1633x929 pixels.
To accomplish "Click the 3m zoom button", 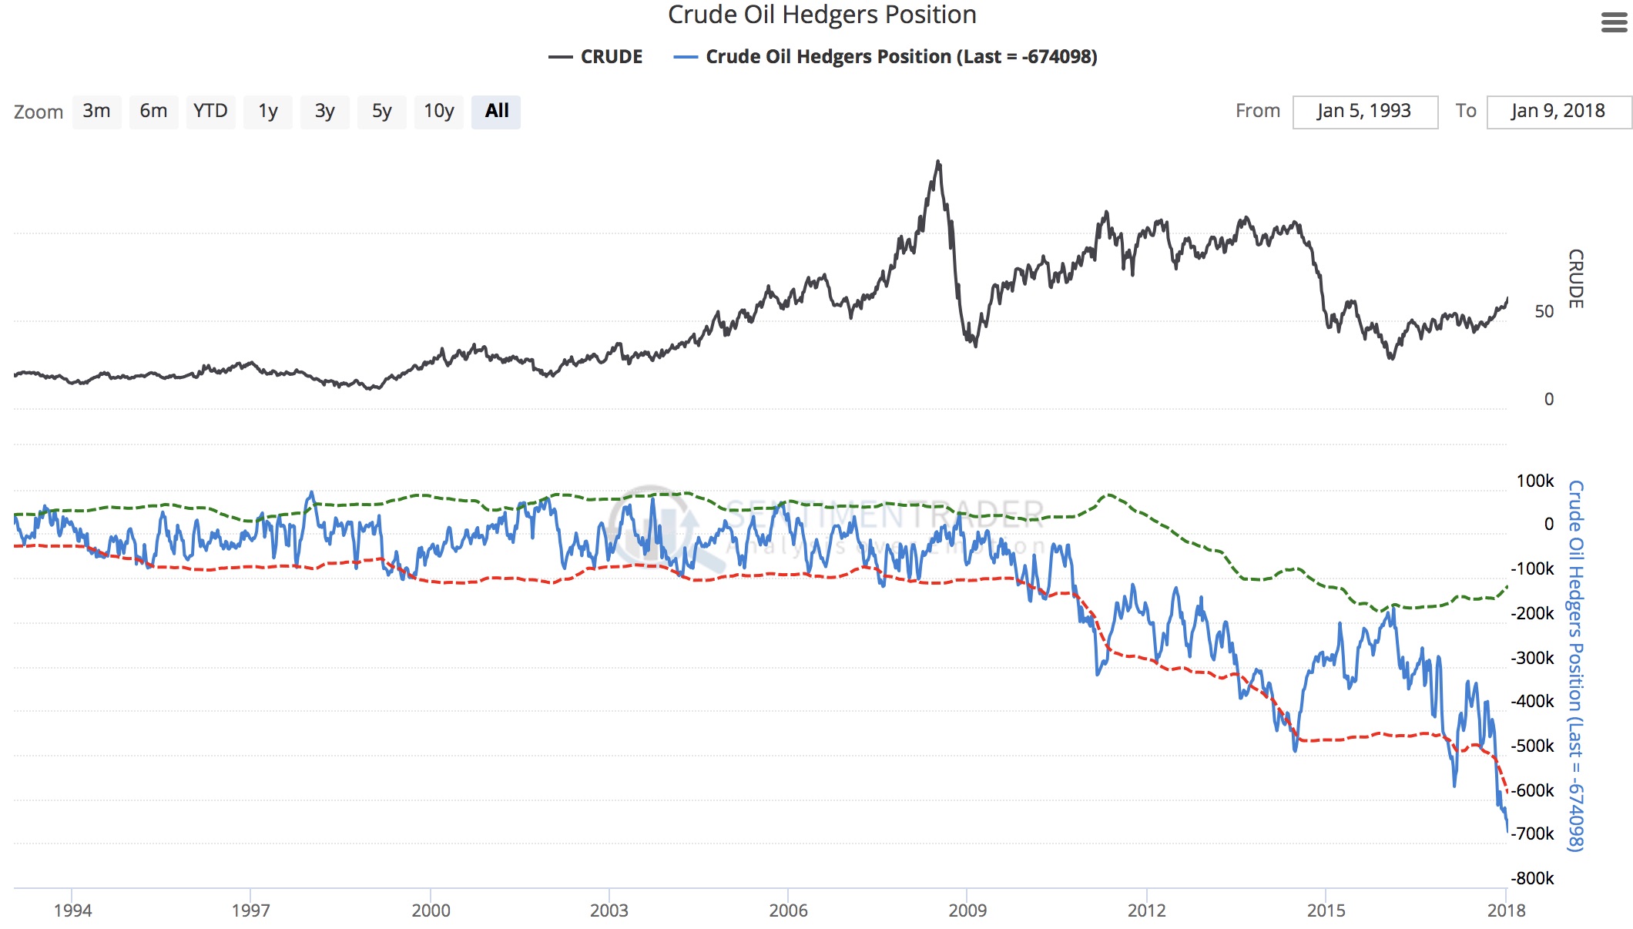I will [97, 112].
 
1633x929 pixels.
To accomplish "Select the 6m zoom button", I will [153, 112].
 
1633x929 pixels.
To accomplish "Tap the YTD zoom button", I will [210, 112].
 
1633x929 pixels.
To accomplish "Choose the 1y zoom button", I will [267, 112].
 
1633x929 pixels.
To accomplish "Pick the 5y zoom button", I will [381, 112].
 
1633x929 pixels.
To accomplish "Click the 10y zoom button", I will [438, 112].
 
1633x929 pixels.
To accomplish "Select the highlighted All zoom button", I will [496, 112].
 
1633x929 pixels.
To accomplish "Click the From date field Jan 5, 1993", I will [1364, 112].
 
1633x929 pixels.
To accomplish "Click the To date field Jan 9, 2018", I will [1558, 112].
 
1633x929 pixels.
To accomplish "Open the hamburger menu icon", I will [1614, 22].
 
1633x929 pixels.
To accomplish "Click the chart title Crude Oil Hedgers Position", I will [822, 15].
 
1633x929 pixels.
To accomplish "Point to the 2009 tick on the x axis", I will [967, 911].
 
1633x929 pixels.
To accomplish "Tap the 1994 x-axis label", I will [72, 911].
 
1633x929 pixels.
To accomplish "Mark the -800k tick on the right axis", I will [1533, 878].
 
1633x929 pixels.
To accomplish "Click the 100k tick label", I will [1535, 481].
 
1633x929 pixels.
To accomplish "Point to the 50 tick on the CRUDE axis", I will [1544, 311].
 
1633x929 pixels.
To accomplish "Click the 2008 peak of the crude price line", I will [937, 162].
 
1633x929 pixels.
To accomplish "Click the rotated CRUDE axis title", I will [1576, 279].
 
